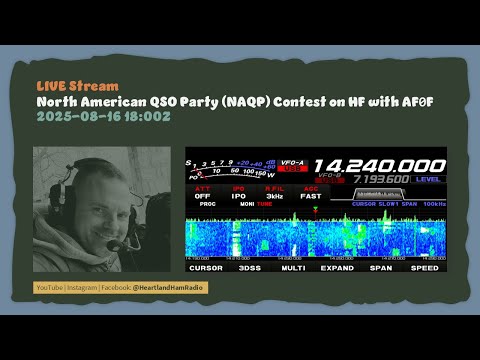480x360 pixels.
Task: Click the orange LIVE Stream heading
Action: click(77, 86)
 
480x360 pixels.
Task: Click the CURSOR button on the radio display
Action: click(205, 268)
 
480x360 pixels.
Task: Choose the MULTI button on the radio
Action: click(294, 268)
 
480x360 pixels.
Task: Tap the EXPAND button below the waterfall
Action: click(338, 268)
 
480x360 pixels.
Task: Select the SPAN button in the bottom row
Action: click(381, 268)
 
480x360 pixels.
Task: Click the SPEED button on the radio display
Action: click(425, 268)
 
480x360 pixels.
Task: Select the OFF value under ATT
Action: click(202, 196)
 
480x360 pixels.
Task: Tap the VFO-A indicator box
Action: click(295, 162)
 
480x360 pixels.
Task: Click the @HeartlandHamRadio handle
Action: click(173, 287)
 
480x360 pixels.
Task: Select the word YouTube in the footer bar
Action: click(49, 287)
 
